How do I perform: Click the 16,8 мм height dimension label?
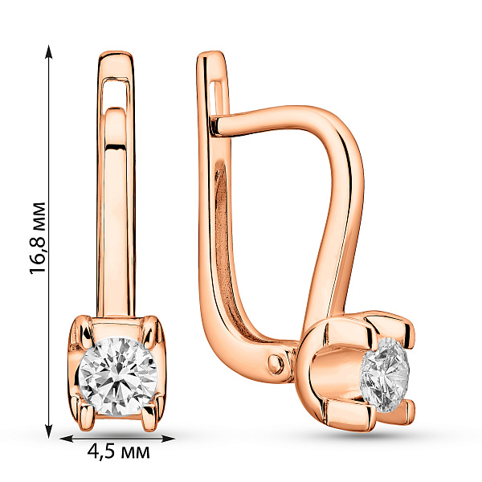coord(38,238)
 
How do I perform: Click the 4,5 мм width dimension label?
coord(118,451)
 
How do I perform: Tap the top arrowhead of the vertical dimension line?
coord(48,51)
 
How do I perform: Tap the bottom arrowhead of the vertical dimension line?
coord(48,431)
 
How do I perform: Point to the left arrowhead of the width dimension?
coord(67,439)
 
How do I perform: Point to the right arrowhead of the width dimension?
coord(168,439)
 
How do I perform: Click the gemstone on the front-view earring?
coord(118,376)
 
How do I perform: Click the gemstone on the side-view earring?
coord(386,375)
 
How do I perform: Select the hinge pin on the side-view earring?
coord(276,364)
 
